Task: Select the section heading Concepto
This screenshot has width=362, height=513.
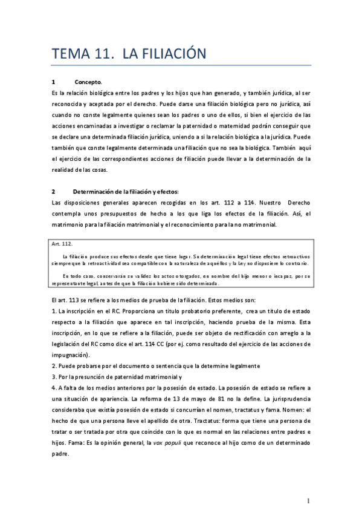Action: (88, 82)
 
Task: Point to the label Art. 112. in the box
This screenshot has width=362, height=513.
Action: (63, 243)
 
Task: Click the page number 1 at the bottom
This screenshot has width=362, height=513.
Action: (308, 500)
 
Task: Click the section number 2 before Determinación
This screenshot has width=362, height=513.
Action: (54, 192)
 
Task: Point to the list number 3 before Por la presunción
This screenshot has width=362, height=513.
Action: (54, 377)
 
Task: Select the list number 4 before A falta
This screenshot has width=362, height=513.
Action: (54, 388)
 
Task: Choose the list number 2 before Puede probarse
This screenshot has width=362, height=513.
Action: (54, 366)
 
